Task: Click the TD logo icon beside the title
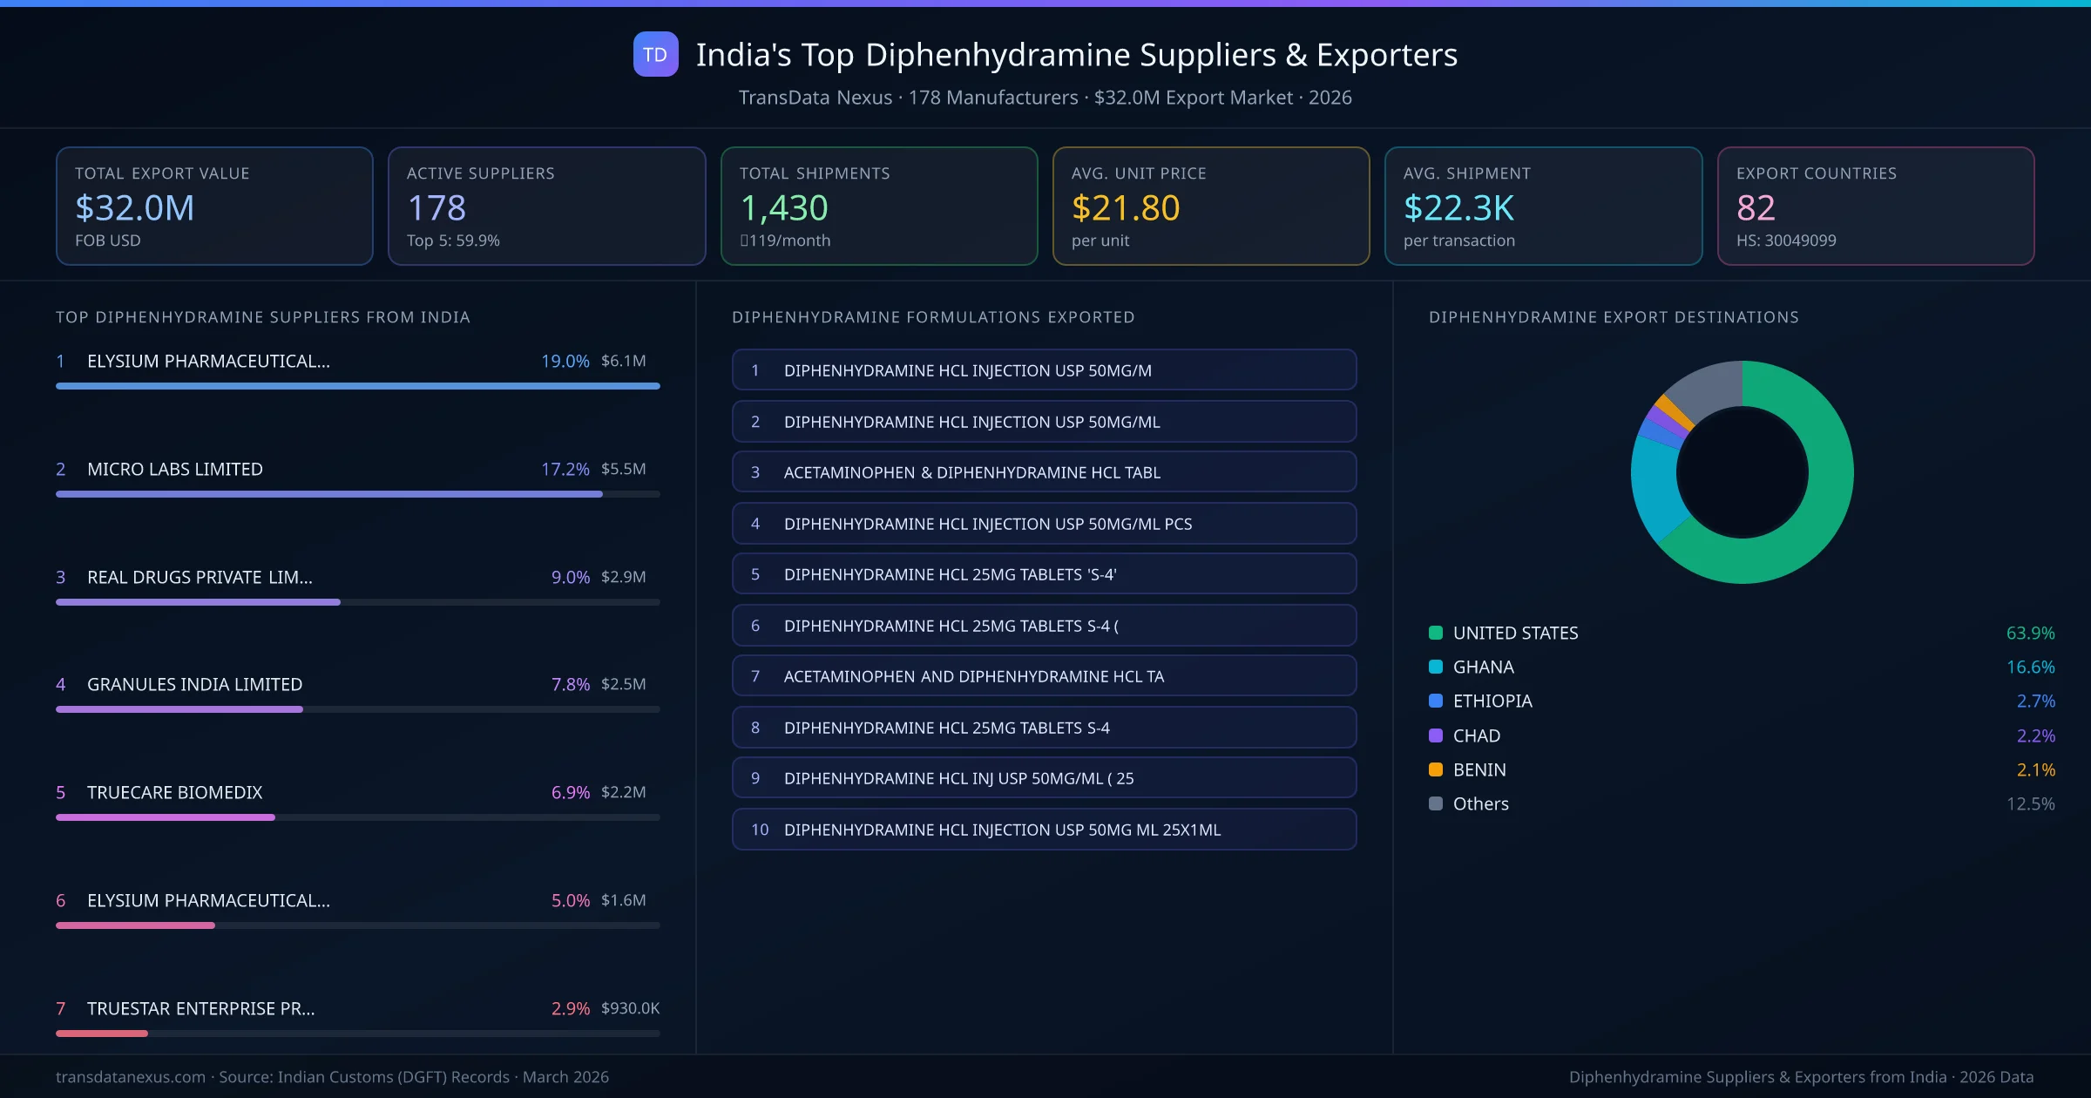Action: point(655,54)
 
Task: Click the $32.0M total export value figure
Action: point(134,208)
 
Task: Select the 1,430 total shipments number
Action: point(783,208)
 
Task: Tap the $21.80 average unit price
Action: point(1125,208)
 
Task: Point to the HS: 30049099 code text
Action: point(1785,241)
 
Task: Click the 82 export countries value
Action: point(1755,208)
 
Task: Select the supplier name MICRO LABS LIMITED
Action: point(174,469)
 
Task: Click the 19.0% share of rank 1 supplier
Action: point(565,361)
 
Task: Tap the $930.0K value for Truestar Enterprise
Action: point(630,1008)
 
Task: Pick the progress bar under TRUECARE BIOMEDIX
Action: point(166,817)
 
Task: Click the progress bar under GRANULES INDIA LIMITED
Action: point(179,709)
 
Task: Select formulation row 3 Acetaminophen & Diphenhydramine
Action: point(1044,472)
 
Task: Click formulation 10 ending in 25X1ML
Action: point(1044,830)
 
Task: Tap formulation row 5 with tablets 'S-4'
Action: point(1044,574)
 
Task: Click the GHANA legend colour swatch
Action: point(1436,668)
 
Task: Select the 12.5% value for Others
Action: point(2030,804)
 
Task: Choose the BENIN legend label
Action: point(1479,770)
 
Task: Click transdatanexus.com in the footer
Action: point(131,1077)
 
